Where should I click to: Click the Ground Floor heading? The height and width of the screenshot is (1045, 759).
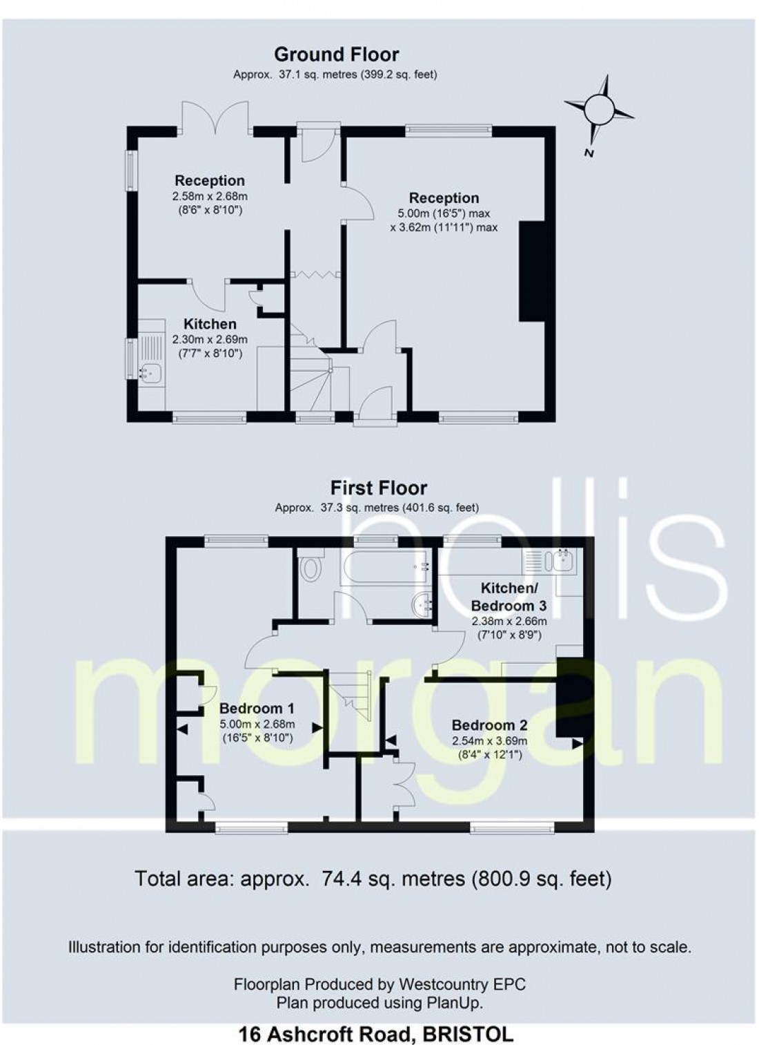coord(336,54)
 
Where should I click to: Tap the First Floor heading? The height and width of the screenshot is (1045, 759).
coord(379,488)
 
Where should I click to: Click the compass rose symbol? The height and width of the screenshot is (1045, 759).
coord(598,108)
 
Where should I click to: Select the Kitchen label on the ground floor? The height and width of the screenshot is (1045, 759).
coord(210,324)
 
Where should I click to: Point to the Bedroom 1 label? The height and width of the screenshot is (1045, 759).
coord(257,708)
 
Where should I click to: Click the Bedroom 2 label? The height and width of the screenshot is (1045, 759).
coord(489,725)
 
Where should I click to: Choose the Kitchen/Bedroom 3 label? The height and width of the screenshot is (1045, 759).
coord(509,597)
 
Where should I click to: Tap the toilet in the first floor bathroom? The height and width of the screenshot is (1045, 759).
coord(311,568)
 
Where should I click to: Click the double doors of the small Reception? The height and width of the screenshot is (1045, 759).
coord(215,117)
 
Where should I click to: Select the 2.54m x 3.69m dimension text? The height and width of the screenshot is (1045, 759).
coord(489,741)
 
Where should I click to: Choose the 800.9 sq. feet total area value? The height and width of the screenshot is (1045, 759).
coord(542,879)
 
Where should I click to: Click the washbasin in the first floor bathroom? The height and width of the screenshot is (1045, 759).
coord(421,605)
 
